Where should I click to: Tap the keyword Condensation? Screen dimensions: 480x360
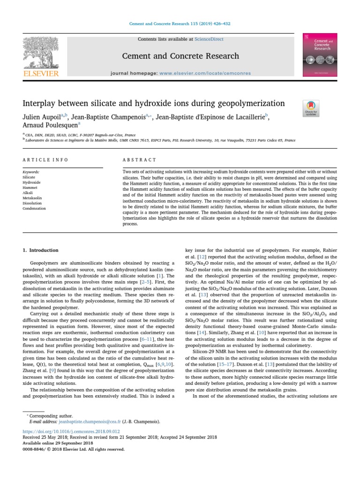[x=34, y=209]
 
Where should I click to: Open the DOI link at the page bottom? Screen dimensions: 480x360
[x=71, y=431]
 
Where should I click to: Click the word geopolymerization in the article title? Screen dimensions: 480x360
[x=246, y=103]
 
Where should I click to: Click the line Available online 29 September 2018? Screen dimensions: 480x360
[x=58, y=443]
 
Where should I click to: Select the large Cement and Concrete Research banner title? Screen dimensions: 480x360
[x=180, y=56]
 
